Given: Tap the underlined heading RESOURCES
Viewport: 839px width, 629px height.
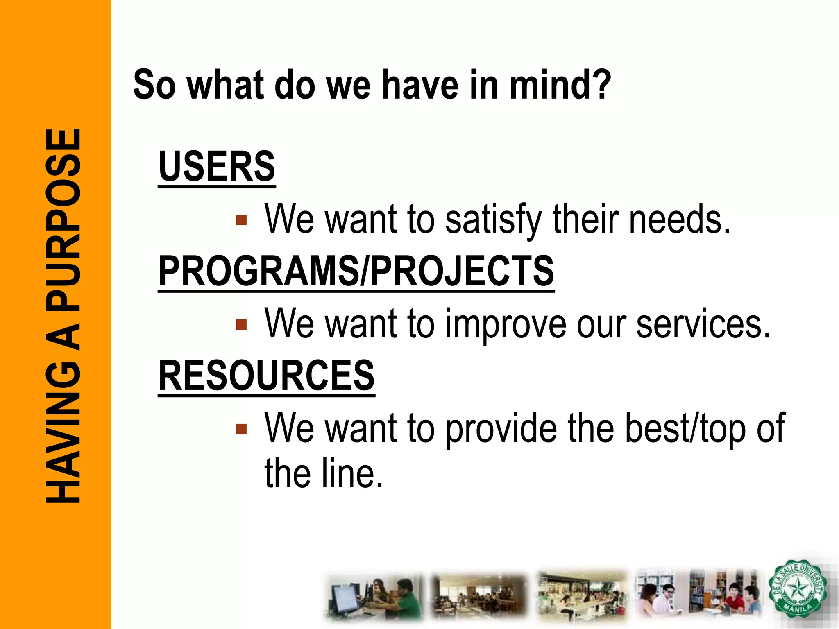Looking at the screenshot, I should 266,376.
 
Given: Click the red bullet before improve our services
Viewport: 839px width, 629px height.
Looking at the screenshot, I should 241,325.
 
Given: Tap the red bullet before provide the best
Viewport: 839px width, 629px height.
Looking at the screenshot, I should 241,429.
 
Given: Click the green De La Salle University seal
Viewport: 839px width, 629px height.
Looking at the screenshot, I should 797,589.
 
